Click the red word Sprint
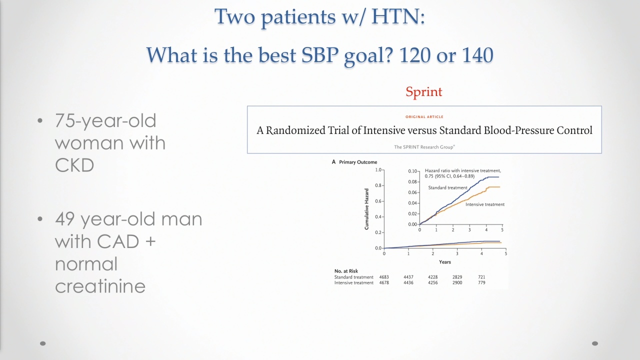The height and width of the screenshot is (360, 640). click(423, 92)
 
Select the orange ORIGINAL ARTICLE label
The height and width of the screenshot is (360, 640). click(424, 116)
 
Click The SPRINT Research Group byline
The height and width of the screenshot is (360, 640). click(424, 147)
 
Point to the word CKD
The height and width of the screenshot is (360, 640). click(74, 165)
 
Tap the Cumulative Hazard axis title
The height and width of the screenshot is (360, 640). click(366, 209)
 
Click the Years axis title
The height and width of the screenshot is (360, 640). click(445, 261)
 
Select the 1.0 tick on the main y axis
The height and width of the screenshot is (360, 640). click(378, 170)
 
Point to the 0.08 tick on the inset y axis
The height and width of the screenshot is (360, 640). click(412, 181)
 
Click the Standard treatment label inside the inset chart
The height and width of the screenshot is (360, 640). click(447, 187)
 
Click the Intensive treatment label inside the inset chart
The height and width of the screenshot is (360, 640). click(485, 204)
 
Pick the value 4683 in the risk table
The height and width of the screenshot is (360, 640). click(384, 277)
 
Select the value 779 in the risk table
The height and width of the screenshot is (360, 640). click(481, 282)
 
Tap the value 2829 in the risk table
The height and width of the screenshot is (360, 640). click(457, 277)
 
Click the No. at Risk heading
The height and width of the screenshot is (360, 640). click(346, 271)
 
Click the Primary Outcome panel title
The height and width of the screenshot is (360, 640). click(358, 162)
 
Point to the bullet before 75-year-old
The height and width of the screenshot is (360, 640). click(40, 120)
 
